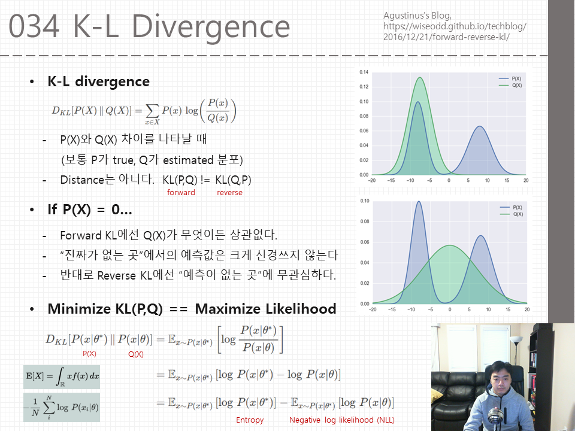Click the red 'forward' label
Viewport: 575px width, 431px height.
(x=181, y=193)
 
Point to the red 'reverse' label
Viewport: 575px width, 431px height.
(x=229, y=193)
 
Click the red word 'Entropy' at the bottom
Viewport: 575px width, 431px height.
(x=250, y=420)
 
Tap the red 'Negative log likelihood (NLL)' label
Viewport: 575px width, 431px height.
(x=342, y=420)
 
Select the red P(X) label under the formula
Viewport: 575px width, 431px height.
(x=89, y=354)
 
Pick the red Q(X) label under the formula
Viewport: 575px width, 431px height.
(x=136, y=354)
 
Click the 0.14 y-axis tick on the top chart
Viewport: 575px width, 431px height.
(x=364, y=72)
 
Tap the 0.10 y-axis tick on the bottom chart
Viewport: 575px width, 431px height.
(x=364, y=201)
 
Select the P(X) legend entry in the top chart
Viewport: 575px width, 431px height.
(x=512, y=78)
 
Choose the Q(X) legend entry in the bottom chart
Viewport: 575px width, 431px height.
(x=512, y=214)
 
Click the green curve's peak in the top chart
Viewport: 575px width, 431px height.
(x=420, y=77)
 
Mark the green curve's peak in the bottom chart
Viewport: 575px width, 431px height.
(x=449, y=245)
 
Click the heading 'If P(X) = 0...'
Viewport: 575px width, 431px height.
(x=90, y=210)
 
